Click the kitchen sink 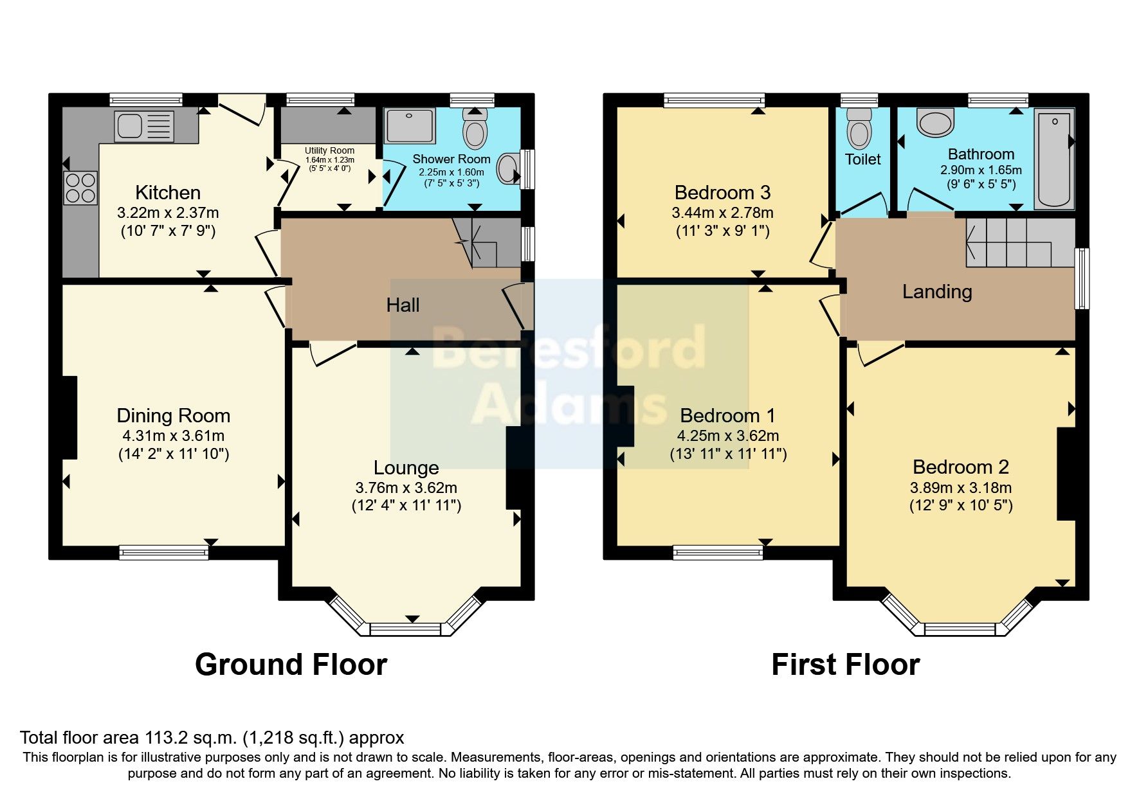point(144,126)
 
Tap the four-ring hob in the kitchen point(80,188)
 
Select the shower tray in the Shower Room point(410,125)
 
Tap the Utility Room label point(329,150)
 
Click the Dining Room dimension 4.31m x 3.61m point(173,435)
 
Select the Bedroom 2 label point(960,467)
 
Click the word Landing point(936,292)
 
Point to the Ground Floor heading point(291,665)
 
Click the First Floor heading point(845,665)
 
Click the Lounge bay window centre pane point(406,629)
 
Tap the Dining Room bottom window point(163,552)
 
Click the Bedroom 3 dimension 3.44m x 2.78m point(722,213)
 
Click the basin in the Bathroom point(935,122)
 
